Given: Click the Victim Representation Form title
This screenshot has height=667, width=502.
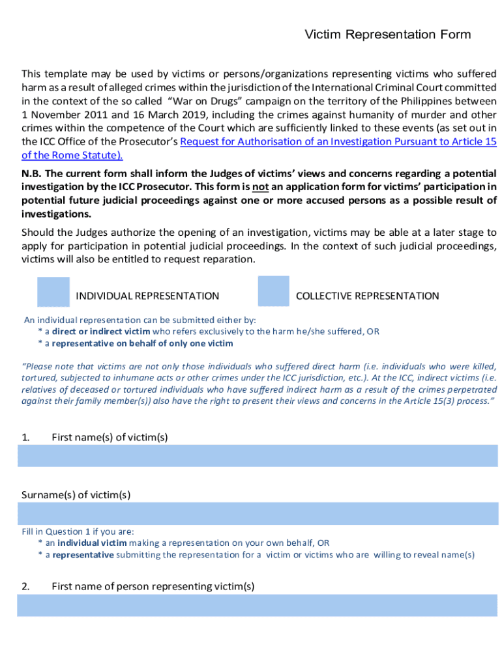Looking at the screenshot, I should [387, 35].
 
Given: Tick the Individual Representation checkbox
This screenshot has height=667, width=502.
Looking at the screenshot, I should [53, 292].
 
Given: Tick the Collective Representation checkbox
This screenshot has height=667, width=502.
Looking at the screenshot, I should [273, 291].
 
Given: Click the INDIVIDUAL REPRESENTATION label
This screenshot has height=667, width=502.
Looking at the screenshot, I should [147, 296].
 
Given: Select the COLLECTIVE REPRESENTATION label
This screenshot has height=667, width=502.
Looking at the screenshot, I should [367, 296].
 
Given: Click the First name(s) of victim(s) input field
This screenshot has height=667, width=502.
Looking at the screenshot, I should [257, 455].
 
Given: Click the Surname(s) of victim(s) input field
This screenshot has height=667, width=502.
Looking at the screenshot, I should [257, 513].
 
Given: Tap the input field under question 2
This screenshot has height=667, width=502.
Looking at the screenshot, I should [257, 605].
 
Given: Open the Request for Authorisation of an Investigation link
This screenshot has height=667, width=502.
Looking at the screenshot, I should [338, 141].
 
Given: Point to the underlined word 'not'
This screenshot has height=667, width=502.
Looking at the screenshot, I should [261, 187].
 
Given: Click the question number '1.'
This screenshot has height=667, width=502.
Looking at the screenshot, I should [25, 437].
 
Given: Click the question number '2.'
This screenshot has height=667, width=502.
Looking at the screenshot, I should [25, 586].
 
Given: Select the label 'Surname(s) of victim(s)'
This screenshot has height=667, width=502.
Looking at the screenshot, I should [76, 494].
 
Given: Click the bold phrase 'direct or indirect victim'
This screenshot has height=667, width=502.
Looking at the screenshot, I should [100, 332].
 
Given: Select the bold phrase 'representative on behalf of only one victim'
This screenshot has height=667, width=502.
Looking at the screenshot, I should [142, 343].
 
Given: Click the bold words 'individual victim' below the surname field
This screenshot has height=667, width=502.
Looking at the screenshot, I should [92, 543].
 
